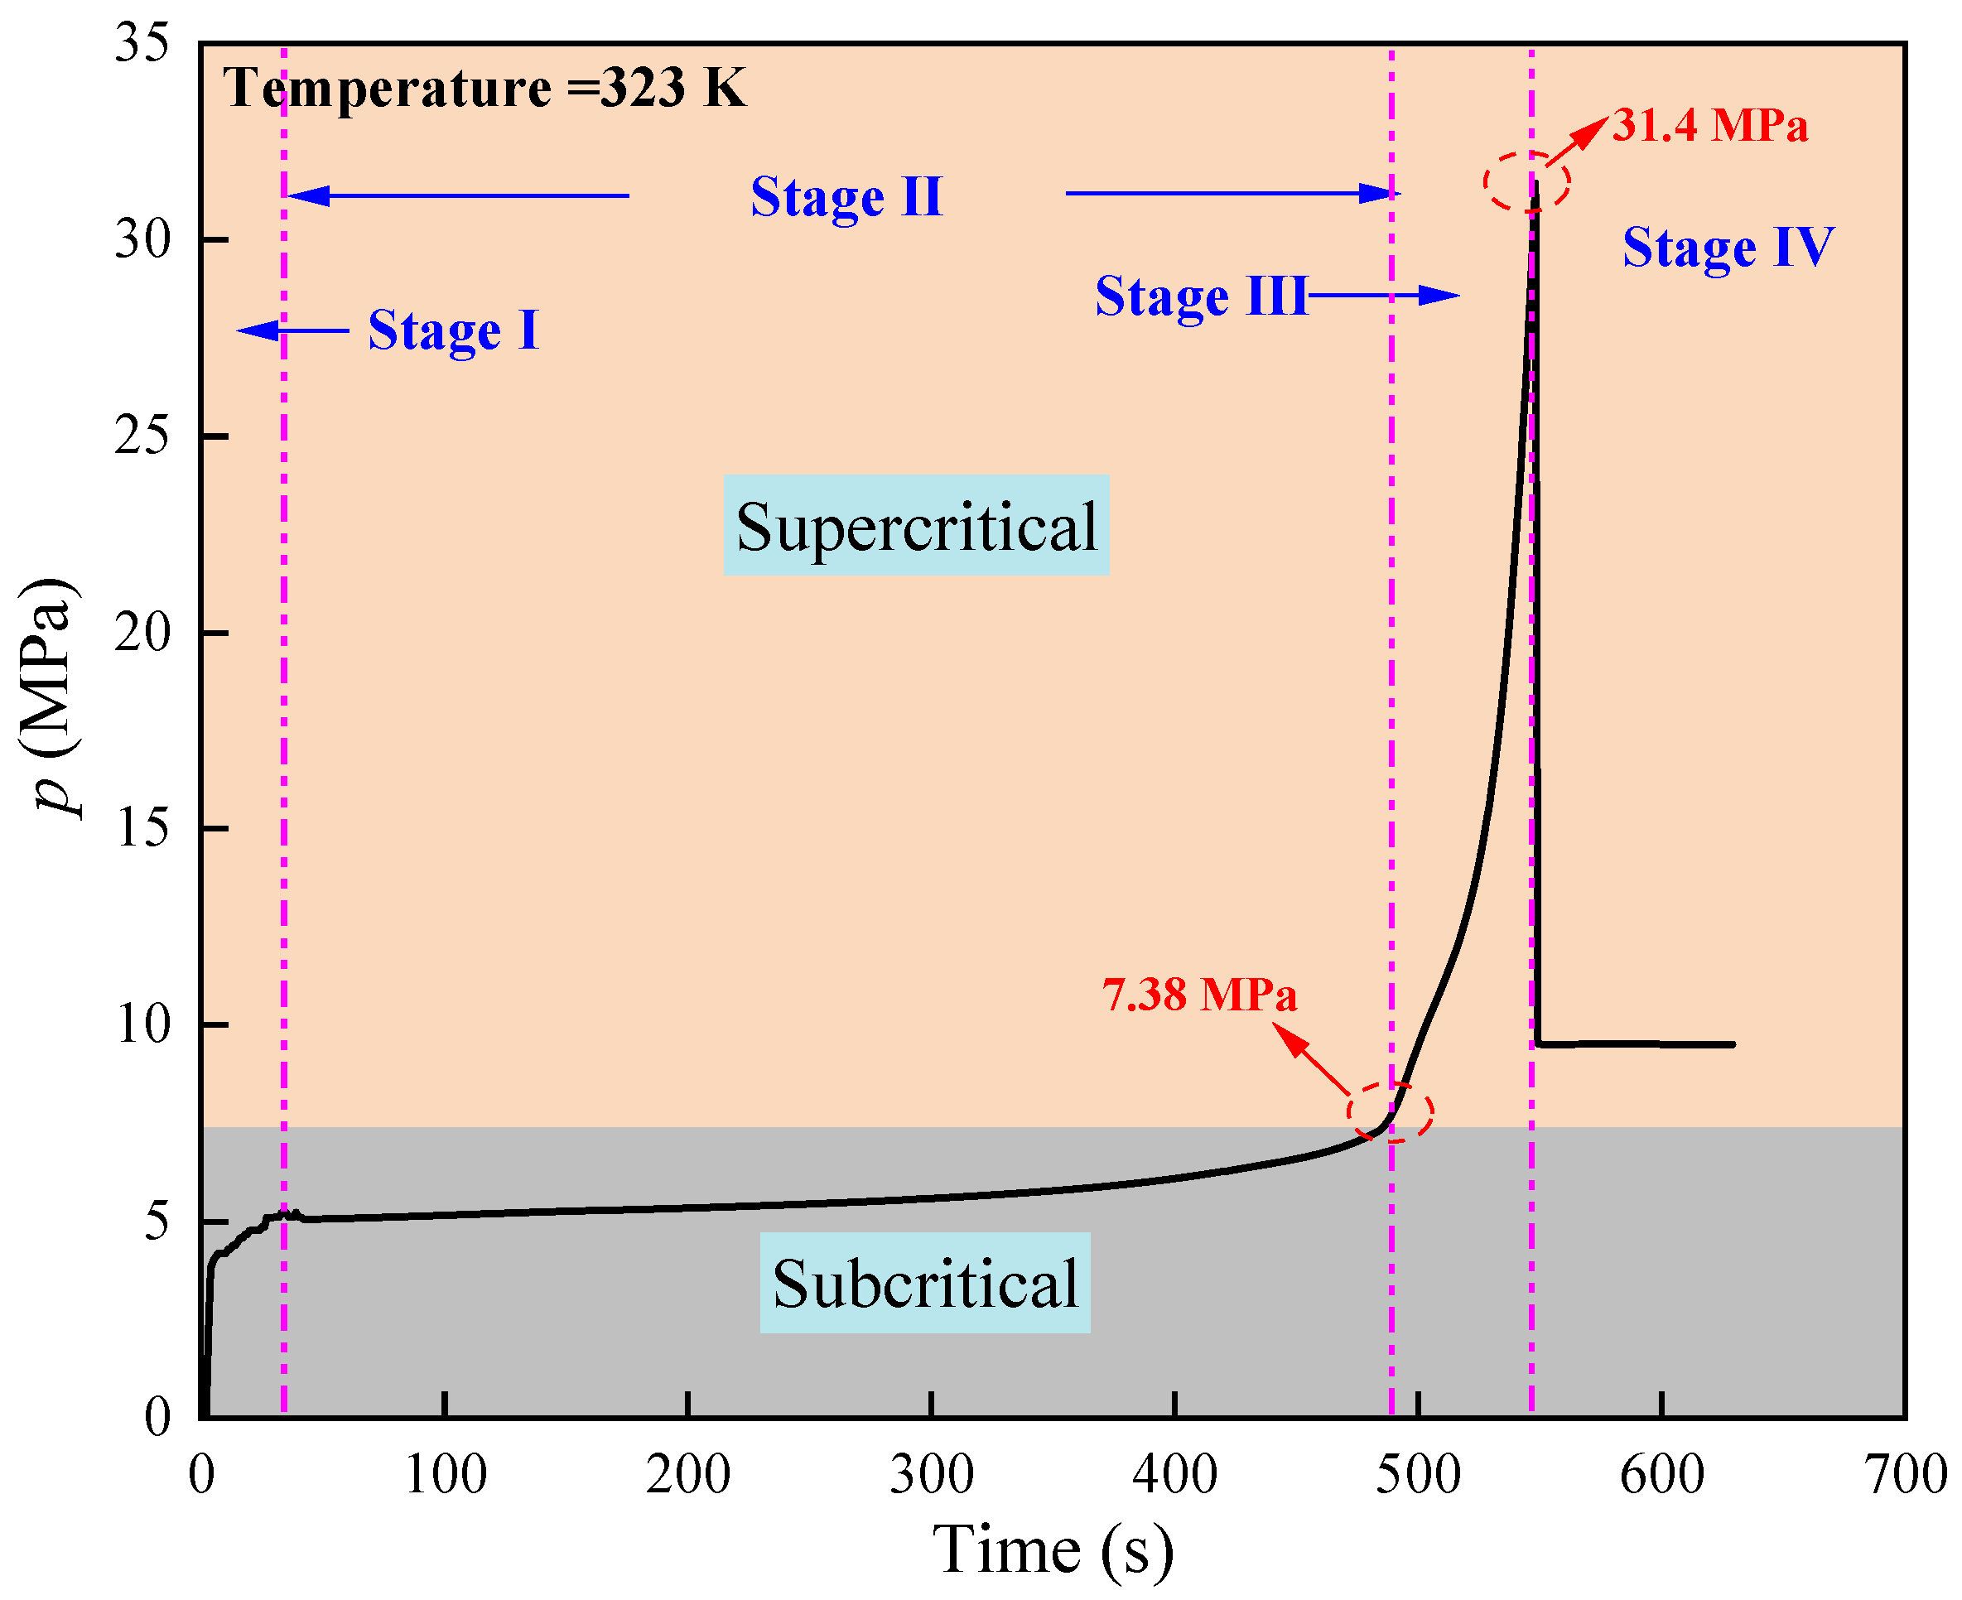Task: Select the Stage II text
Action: pyautogui.click(x=846, y=196)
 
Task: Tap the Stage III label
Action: pyautogui.click(x=1200, y=296)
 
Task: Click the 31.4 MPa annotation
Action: pyautogui.click(x=1709, y=125)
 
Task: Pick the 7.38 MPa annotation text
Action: pyautogui.click(x=1199, y=995)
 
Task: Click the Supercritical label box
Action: pyautogui.click(x=915, y=525)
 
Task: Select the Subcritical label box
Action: pyautogui.click(x=924, y=1283)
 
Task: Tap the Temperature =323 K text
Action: pyautogui.click(x=484, y=89)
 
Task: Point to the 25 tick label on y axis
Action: pyautogui.click(x=142, y=435)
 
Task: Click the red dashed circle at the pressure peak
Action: pyautogui.click(x=1526, y=181)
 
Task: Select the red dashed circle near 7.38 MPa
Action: pyautogui.click(x=1390, y=1111)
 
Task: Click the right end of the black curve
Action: pyautogui.click(x=1733, y=1044)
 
